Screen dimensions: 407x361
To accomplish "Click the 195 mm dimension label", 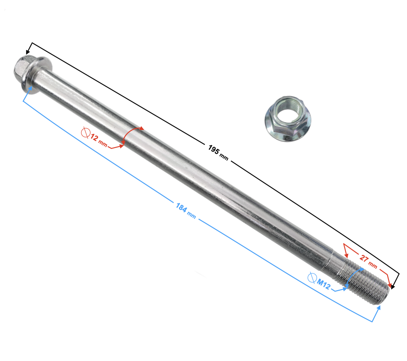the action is (218, 153).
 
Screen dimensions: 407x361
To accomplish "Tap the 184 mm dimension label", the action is (186, 211).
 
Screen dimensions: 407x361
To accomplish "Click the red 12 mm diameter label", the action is (99, 140).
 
